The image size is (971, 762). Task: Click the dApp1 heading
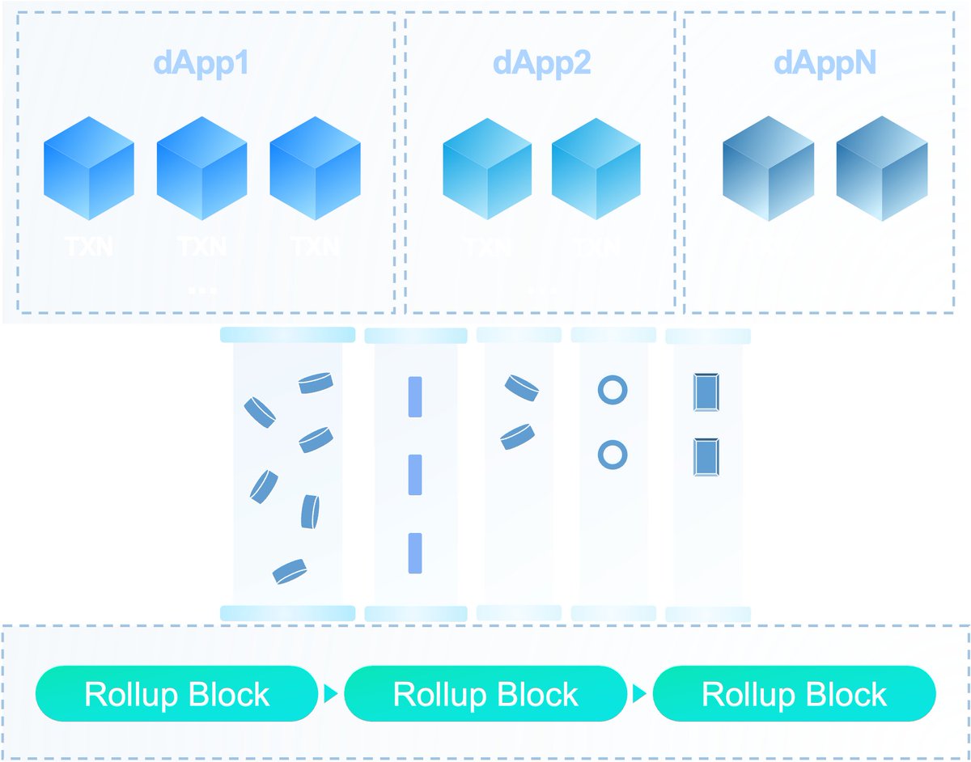201,64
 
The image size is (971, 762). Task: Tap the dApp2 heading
541,64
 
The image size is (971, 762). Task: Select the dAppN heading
825,64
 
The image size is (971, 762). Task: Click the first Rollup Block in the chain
176,693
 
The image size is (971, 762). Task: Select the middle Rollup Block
485,693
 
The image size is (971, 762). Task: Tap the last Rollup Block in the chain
794,693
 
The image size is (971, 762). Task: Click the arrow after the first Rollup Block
330,693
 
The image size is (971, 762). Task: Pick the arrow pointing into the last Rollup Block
639,693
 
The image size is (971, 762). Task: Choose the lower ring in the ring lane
613,454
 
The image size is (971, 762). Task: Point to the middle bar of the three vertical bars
415,475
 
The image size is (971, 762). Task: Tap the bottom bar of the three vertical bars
415,553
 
